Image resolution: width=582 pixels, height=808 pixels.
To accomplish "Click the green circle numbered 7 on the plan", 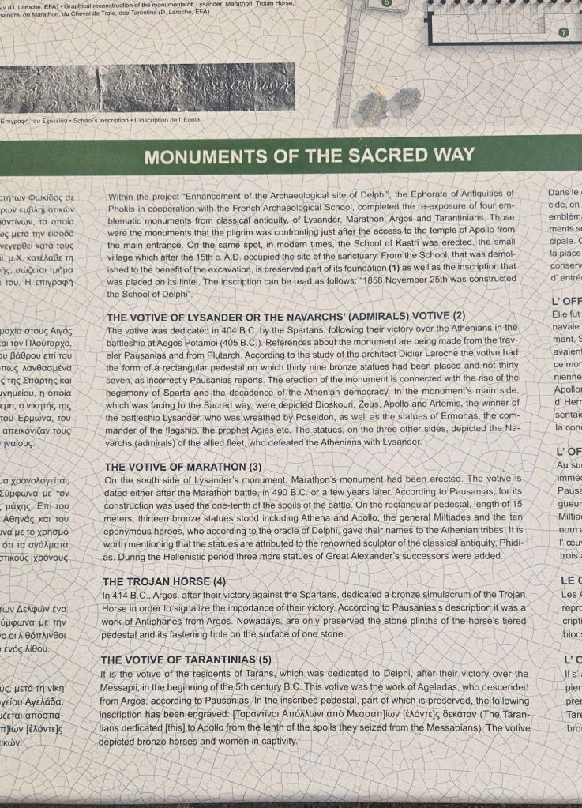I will pyautogui.click(x=563, y=32).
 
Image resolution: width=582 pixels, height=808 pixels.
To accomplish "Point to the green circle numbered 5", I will pyautogui.click(x=386, y=2).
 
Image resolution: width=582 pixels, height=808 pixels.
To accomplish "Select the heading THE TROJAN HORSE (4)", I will pyautogui.click(x=163, y=581).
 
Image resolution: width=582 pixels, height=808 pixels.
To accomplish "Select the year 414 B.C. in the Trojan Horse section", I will pyautogui.click(x=126, y=594).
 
